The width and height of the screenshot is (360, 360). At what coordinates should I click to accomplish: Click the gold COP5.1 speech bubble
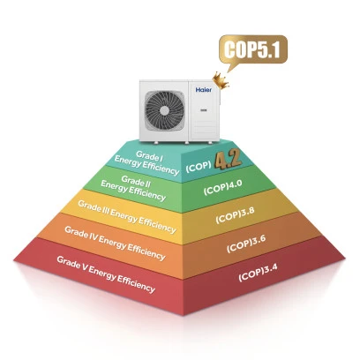pyautogui.click(x=253, y=50)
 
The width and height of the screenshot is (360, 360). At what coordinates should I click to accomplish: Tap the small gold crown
pyautogui.click(x=221, y=80)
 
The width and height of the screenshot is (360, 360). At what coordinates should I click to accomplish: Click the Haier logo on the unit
pyautogui.click(x=204, y=89)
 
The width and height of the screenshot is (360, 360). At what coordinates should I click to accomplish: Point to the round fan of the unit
pyautogui.click(x=165, y=110)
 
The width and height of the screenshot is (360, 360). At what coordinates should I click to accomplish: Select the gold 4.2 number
pyautogui.click(x=228, y=161)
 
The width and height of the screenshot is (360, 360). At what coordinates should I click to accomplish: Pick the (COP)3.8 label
pyautogui.click(x=235, y=215)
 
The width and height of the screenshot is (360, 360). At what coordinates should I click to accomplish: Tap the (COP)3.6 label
pyautogui.click(x=246, y=244)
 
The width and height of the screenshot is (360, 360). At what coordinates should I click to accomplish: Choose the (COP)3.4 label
pyautogui.click(x=258, y=273)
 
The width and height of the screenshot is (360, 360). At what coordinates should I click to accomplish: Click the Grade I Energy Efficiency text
pyautogui.click(x=147, y=162)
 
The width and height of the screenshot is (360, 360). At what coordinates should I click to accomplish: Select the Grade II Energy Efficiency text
pyautogui.click(x=133, y=188)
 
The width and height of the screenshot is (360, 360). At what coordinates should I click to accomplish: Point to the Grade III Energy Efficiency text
pyautogui.click(x=127, y=217)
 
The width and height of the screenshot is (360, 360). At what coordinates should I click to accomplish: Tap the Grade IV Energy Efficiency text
pyautogui.click(x=115, y=244)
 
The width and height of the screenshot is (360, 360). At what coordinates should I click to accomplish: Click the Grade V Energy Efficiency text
pyautogui.click(x=106, y=274)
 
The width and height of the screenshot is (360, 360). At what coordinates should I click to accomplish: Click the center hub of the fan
pyautogui.click(x=165, y=110)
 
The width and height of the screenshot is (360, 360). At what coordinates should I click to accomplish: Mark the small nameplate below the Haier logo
pyautogui.click(x=203, y=110)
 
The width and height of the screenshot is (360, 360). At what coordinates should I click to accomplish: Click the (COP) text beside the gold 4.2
pyautogui.click(x=199, y=168)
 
